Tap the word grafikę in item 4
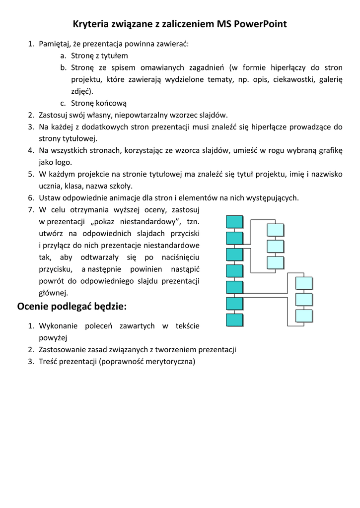328,150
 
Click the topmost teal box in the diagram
234,222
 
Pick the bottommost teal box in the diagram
234,320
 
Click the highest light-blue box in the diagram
276,230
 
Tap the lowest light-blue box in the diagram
304,316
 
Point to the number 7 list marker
30,210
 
